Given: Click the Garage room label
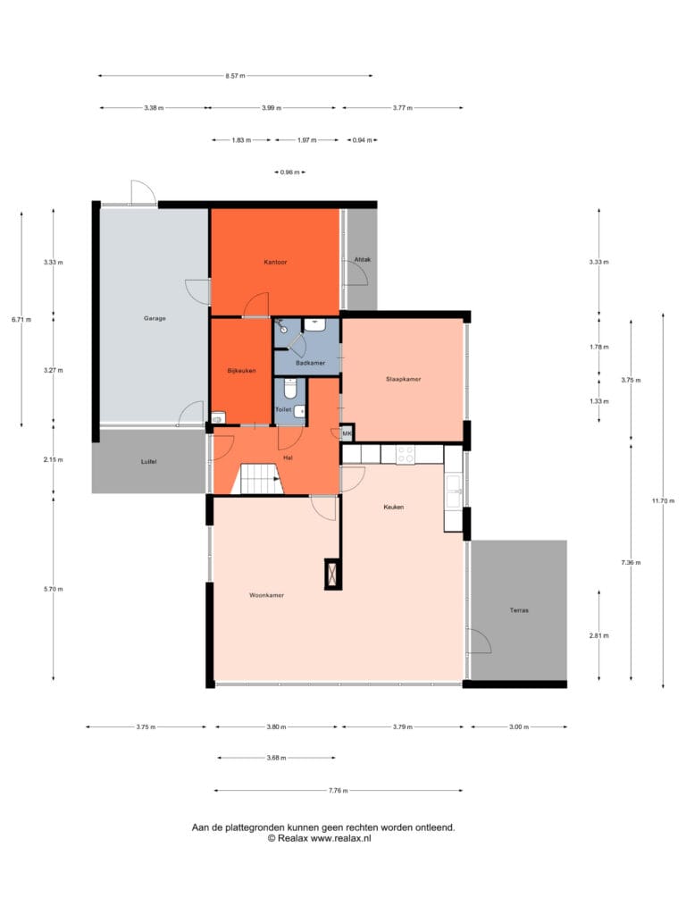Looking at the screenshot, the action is [x=155, y=319].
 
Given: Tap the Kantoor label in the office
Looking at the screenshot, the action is [x=275, y=263].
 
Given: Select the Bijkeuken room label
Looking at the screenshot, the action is [x=241, y=371].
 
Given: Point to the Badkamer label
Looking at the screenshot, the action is [x=310, y=363].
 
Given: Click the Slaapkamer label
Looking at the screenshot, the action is [x=403, y=379].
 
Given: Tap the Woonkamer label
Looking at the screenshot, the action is [x=266, y=595].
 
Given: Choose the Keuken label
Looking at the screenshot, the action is [x=394, y=508].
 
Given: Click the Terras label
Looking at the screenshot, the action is [x=519, y=610].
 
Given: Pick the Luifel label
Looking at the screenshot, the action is [x=149, y=462].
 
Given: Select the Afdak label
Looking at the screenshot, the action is [x=363, y=260].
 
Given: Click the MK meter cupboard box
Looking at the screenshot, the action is [x=347, y=433].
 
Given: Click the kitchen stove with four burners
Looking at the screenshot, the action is [x=406, y=455].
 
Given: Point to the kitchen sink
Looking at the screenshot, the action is [x=454, y=491].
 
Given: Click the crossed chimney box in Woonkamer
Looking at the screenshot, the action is [x=333, y=574].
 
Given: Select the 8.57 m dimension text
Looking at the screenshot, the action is [x=235, y=76].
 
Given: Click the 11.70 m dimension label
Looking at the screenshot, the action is [x=664, y=500].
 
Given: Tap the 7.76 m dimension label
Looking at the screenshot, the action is [x=339, y=791].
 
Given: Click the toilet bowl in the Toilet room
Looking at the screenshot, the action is [x=290, y=389].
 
